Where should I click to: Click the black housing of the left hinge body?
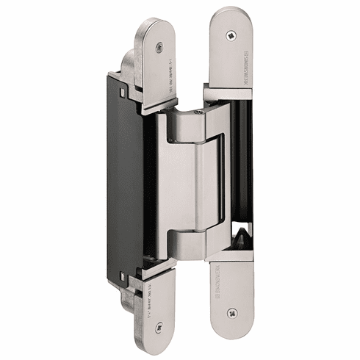point(132,169)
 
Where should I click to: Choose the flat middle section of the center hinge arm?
point(187,180)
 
